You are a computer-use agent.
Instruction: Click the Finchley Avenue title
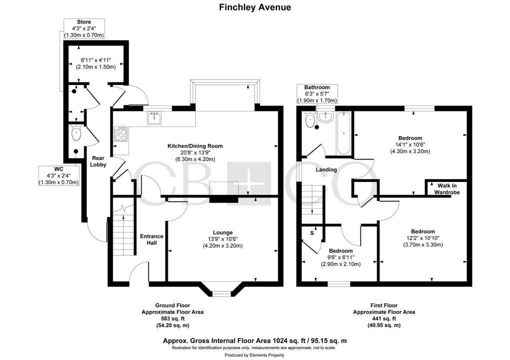[255, 7]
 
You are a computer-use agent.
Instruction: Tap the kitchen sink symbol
[154, 118]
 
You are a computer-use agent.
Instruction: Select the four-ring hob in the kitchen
[121, 133]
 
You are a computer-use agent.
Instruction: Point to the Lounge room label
[222, 232]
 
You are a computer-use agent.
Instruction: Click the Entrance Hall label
[148, 239]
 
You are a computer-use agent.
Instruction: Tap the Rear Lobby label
[98, 161]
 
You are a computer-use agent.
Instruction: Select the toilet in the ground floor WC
[76, 133]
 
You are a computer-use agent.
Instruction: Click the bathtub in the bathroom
[344, 133]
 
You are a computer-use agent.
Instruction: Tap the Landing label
[326, 169]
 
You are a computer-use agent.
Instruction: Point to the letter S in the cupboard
[312, 233]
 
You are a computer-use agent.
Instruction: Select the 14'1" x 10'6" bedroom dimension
[410, 144]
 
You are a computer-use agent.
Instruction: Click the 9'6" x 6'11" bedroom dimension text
[340, 257]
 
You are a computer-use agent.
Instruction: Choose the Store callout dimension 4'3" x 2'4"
[83, 28]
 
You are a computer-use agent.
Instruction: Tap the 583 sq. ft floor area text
[172, 318]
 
